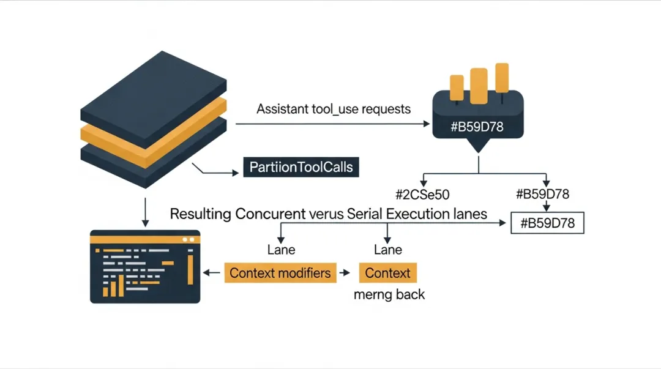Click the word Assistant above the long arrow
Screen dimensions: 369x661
click(282, 109)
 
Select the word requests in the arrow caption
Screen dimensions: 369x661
click(386, 110)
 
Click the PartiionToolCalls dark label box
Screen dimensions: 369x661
click(301, 166)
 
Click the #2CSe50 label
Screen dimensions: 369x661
click(423, 195)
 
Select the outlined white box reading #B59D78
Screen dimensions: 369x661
click(547, 223)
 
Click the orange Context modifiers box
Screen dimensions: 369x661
click(281, 272)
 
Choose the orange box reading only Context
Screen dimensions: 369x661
click(387, 272)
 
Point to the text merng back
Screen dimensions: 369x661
click(389, 294)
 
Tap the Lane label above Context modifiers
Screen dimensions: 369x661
click(282, 250)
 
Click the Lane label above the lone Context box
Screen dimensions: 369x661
click(388, 250)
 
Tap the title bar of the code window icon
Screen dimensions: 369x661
click(145, 236)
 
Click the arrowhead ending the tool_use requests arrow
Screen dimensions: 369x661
click(427, 124)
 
